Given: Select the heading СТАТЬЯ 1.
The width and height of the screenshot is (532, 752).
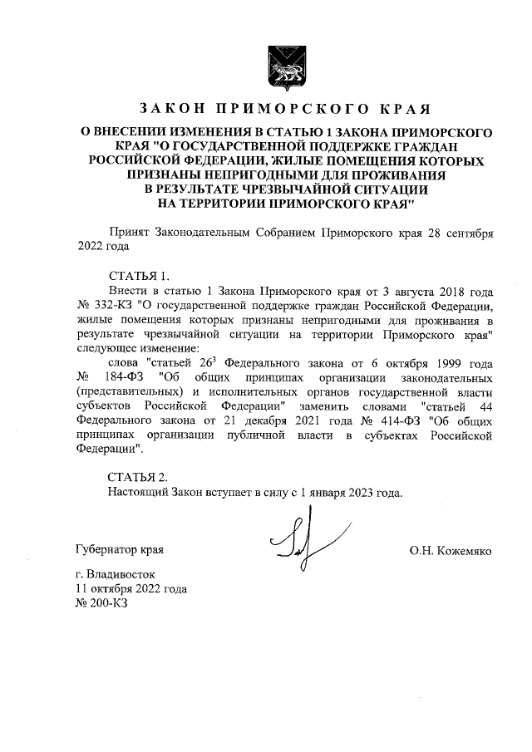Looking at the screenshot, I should coord(142,276).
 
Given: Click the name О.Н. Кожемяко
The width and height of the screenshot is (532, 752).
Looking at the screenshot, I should coord(452,551).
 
